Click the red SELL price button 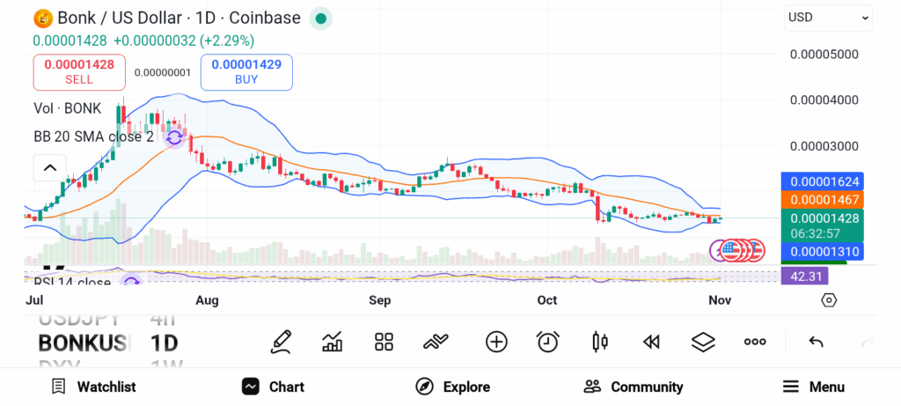point(79,71)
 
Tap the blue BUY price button point(246,71)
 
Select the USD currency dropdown point(828,18)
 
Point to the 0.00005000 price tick point(824,54)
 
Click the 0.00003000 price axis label point(824,145)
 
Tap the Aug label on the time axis point(207,300)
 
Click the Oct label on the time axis point(547,300)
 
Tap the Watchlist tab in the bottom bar point(94,387)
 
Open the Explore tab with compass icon point(453,387)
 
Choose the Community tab point(634,387)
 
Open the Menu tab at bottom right point(814,387)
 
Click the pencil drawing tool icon point(281,342)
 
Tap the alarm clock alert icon point(548,342)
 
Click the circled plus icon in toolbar point(496,342)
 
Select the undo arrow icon point(816,342)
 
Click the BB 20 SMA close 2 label point(94,137)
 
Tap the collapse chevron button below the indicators point(50,167)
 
